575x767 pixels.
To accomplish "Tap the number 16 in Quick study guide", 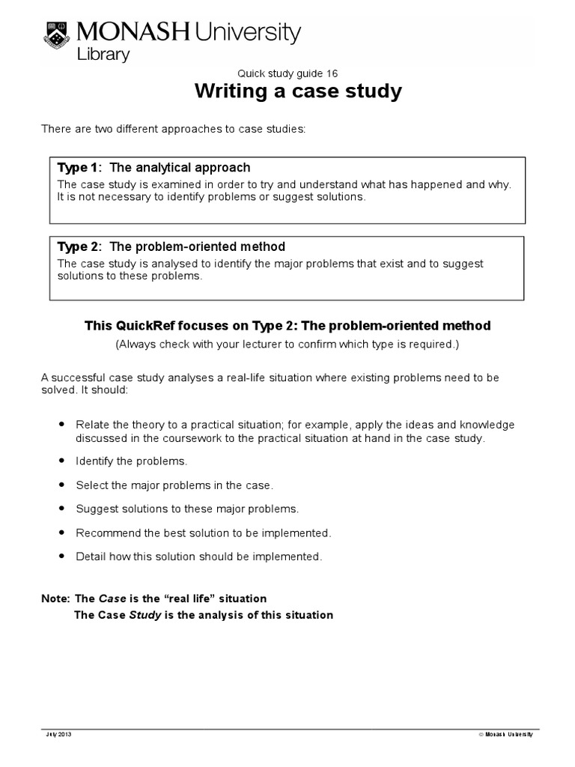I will click(x=332, y=73).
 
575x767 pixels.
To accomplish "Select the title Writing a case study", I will click(x=298, y=92).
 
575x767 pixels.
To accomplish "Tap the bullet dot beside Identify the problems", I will click(x=61, y=460).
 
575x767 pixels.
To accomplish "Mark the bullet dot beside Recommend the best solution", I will click(x=61, y=533).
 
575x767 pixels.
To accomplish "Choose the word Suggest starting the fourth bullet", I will click(x=95, y=509).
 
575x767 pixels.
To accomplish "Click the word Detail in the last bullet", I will click(x=90, y=557).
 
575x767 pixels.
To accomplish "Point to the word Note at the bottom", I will click(x=55, y=598).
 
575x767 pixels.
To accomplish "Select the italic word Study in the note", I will click(x=146, y=615).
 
